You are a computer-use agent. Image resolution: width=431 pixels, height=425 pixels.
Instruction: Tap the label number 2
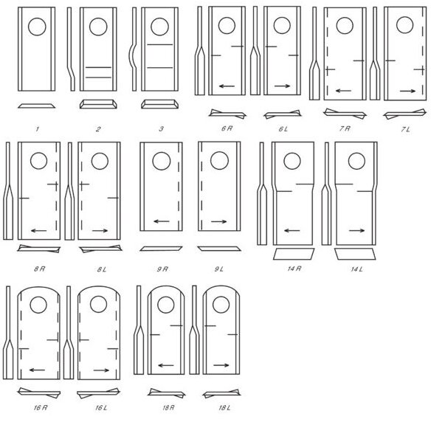[98, 129]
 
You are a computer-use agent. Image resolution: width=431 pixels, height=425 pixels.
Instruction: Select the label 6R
[227, 128]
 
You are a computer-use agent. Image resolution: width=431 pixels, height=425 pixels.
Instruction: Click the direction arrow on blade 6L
[283, 86]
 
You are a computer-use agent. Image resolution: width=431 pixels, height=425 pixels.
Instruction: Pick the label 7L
[405, 129]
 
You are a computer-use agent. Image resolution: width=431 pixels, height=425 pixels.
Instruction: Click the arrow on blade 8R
[39, 231]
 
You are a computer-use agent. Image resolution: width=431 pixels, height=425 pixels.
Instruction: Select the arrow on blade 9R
[162, 221]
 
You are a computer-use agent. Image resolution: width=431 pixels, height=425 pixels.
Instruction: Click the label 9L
[219, 269]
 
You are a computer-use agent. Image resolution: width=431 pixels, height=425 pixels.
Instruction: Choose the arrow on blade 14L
[356, 231]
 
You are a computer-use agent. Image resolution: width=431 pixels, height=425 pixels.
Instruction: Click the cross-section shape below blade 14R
[294, 254]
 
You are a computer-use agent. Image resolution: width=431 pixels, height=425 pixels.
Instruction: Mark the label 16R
[41, 408]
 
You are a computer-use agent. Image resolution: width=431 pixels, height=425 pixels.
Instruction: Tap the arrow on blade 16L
[101, 370]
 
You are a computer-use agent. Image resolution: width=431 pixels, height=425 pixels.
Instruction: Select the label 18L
[224, 408]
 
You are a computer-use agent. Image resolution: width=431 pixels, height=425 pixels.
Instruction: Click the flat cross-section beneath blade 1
[37, 106]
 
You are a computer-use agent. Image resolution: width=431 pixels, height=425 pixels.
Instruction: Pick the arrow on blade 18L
[221, 365]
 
